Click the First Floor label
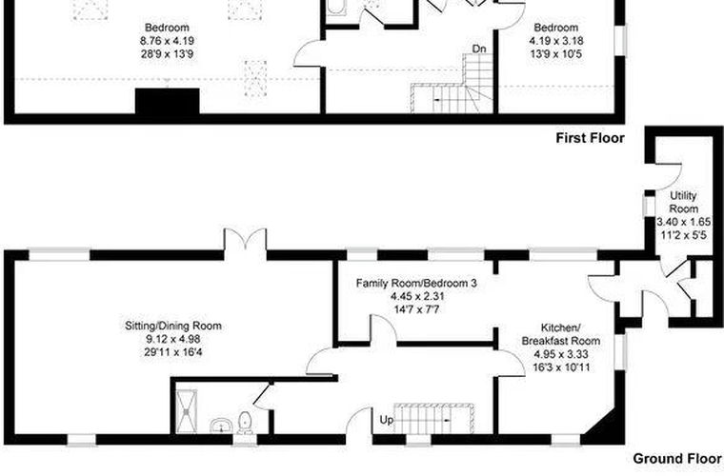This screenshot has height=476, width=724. pos(590,138)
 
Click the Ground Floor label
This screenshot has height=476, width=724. pos(677,459)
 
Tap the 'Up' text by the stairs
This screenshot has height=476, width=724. pos(387,420)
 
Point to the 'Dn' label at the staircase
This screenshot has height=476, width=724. pos(479,49)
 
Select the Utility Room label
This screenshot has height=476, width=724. pos(683,202)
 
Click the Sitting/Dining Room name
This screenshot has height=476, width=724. pos(173,326)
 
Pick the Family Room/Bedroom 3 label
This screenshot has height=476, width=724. pos(416,283)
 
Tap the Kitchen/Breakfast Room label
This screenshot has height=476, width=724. pos(560,334)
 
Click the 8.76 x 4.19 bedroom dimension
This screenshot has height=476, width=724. pos(167,41)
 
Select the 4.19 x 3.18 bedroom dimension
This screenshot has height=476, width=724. pos(556,41)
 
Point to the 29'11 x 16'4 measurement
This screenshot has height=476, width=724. pos(172,352)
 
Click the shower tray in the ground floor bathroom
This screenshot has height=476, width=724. pos(186,411)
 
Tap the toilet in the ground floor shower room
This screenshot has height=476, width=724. pos(245,423)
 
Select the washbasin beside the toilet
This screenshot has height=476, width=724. pos(221,426)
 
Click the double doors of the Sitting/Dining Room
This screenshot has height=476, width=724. pos(245,239)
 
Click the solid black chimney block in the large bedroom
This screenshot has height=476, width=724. pos(167,101)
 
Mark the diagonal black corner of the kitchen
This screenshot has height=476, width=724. pos(605,426)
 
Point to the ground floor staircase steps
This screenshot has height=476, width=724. pos(434,418)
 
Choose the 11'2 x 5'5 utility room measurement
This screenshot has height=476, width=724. pos(683,235)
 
